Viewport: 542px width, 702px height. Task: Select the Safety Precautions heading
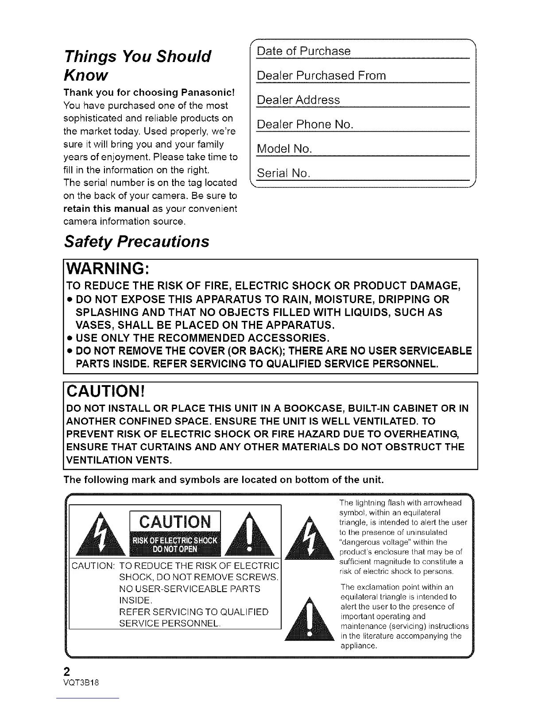click(136, 242)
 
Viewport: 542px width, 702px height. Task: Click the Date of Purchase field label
click(304, 51)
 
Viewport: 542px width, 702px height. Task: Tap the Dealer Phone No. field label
click(305, 124)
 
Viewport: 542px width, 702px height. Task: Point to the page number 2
click(67, 670)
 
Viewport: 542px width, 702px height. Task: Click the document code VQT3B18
click(81, 683)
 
